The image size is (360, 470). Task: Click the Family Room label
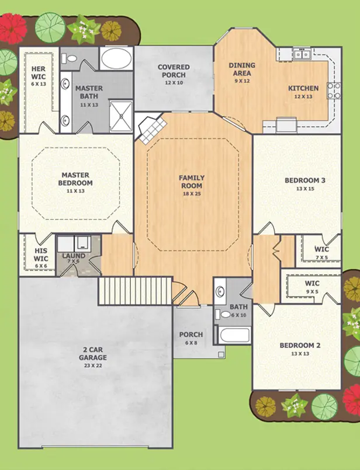pos(192,182)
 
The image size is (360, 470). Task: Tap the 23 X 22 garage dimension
pos(93,365)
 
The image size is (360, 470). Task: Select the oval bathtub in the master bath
pos(116,59)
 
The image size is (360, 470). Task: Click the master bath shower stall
pos(121,116)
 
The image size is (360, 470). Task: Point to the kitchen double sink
pos(302,54)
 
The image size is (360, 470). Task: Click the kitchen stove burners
pos(334,90)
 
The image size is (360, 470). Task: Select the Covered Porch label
pos(174,71)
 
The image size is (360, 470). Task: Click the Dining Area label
pos(242,69)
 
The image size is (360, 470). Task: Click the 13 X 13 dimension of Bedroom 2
pos(300,354)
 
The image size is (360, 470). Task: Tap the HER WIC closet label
pos(39,73)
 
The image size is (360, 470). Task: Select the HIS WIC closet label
pos(41,255)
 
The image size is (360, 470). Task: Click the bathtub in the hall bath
pos(234,335)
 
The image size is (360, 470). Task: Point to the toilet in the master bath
pos(69,58)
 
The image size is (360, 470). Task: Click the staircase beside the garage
pos(136,291)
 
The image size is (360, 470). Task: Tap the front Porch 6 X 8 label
pos(191,338)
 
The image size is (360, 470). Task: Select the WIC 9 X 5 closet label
pos(312,287)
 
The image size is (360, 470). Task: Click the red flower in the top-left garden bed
pos(12,27)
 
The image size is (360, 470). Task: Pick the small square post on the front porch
pos(221,355)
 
